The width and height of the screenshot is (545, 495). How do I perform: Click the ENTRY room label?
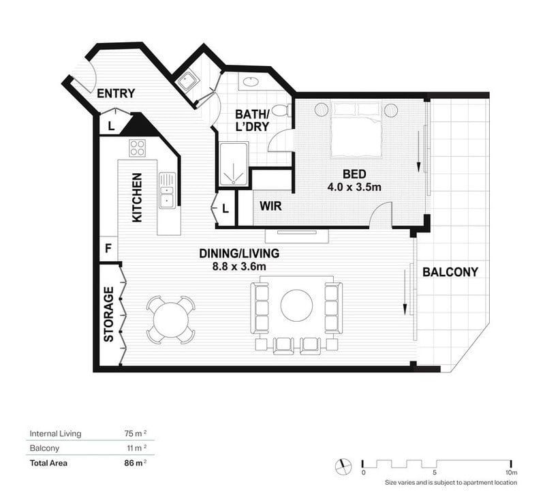click(116, 93)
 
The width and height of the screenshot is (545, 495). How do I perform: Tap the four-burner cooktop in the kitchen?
click(138, 148)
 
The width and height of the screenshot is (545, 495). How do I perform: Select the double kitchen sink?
click(167, 190)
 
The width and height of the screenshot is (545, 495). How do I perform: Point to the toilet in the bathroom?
click(281, 110)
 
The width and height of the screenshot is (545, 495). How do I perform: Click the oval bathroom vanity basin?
click(250, 81)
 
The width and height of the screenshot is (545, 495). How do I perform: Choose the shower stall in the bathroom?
click(234, 164)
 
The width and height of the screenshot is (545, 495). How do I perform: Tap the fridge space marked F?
click(108, 248)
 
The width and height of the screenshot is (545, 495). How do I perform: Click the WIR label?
click(270, 206)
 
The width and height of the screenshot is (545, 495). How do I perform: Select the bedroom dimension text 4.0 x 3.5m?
click(354, 187)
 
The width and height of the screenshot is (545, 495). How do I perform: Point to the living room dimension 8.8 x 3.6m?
click(239, 267)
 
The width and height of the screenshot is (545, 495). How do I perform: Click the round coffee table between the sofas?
click(296, 305)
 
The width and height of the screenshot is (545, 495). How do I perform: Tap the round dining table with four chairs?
click(171, 320)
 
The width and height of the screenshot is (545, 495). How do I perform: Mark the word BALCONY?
click(450, 271)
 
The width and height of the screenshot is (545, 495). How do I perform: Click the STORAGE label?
click(109, 314)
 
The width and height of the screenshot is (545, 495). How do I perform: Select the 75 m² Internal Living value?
click(135, 434)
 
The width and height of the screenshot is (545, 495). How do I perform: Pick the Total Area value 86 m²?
click(135, 463)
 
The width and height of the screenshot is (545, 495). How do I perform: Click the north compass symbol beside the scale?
click(343, 466)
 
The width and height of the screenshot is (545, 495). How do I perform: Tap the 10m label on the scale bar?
click(512, 472)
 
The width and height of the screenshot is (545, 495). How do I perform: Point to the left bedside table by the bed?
click(322, 110)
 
